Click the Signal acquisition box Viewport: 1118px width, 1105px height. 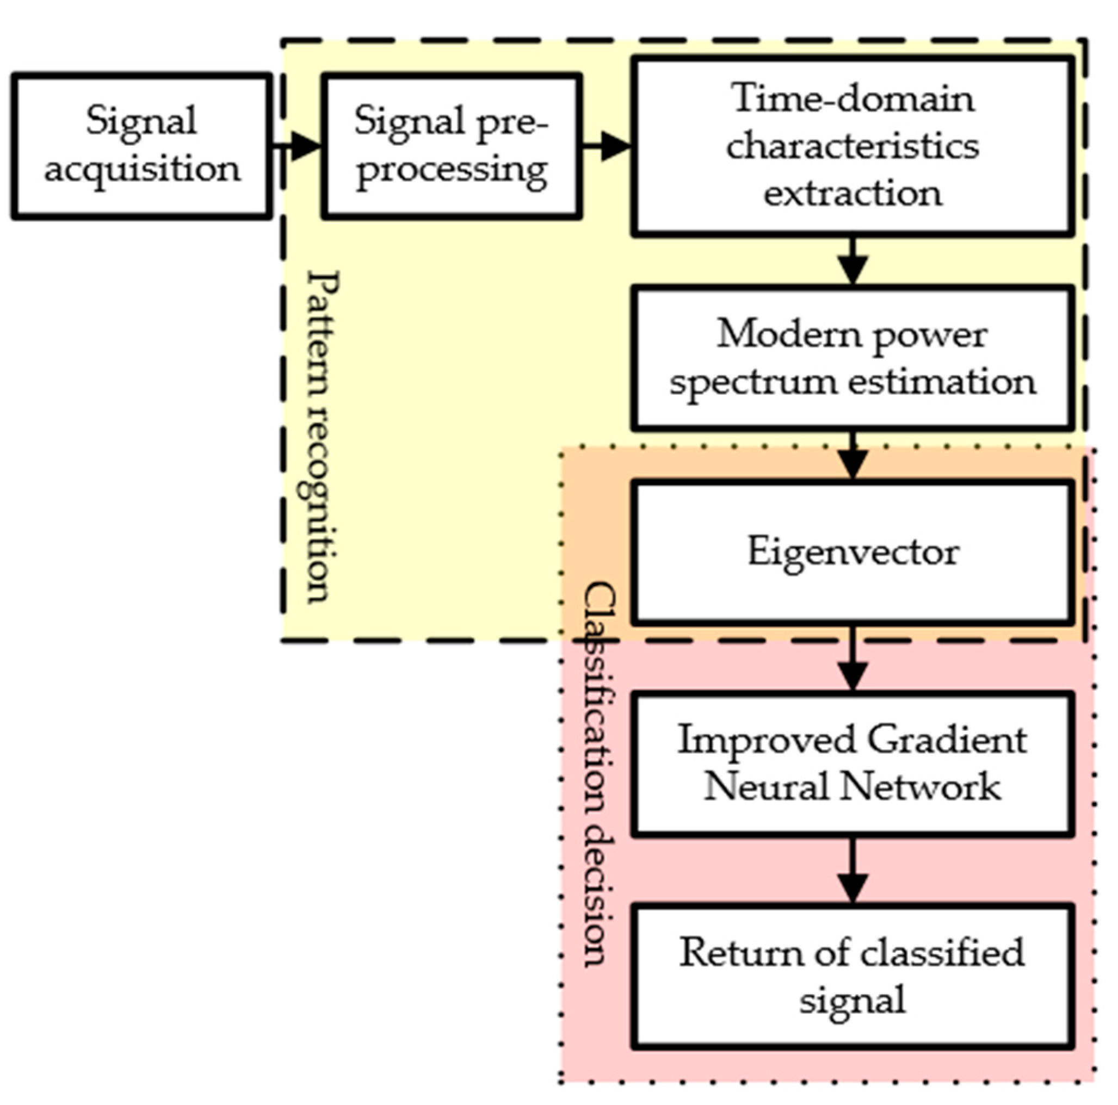141,146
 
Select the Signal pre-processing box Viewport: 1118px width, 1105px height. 452,146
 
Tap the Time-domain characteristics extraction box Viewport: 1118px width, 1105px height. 853,146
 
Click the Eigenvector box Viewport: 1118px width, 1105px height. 853,552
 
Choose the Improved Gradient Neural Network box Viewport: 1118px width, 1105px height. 853,763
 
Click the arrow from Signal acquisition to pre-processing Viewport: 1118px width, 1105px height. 298,146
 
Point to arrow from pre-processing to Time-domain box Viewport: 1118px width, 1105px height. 608,146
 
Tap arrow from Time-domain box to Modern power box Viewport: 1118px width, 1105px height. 853,262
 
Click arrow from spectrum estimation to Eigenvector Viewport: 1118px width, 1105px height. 853,457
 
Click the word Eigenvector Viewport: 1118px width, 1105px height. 853,552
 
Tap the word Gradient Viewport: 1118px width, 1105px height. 947,741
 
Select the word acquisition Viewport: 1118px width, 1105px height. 142,170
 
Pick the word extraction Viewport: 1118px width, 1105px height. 853,194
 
